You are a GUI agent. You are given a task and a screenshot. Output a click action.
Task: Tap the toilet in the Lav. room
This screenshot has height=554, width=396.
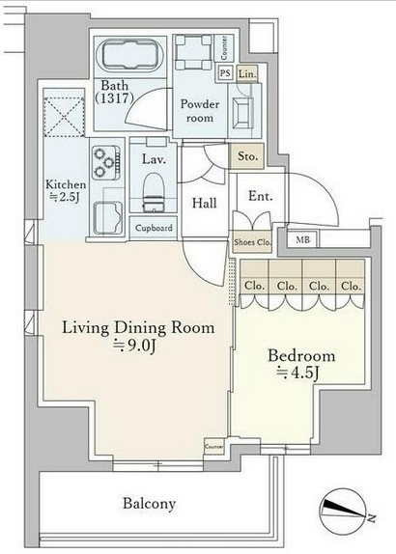pyautogui.click(x=154, y=193)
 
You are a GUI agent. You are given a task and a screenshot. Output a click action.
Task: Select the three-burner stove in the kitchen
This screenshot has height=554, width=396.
pyautogui.click(x=106, y=162)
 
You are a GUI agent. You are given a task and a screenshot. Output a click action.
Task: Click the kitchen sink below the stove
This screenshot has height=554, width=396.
pyautogui.click(x=108, y=218)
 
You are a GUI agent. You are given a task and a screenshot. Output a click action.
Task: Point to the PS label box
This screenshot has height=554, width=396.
pyautogui.click(x=225, y=73)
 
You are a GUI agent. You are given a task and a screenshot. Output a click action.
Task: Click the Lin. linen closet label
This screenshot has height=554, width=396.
pyautogui.click(x=247, y=74)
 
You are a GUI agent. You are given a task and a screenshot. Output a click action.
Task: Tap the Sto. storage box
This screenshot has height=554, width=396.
pyautogui.click(x=247, y=156)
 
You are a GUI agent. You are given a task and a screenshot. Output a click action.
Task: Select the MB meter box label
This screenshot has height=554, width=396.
pyautogui.click(x=302, y=240)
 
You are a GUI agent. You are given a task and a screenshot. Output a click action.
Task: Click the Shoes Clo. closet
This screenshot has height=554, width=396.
pyautogui.click(x=252, y=242)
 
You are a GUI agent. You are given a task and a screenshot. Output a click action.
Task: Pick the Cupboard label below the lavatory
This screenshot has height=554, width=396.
pyautogui.click(x=154, y=228)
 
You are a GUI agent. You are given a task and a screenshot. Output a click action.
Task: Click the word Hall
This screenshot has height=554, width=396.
pyautogui.click(x=205, y=203)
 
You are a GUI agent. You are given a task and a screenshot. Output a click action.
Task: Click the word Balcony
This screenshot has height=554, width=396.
pyautogui.click(x=149, y=503)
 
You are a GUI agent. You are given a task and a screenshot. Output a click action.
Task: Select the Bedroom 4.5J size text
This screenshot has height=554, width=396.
pyautogui.click(x=297, y=373)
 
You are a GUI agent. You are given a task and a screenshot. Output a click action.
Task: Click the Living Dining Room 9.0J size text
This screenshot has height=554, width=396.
pyautogui.click(x=134, y=346)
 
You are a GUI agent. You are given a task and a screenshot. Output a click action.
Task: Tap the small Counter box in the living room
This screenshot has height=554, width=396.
pyautogui.click(x=214, y=447)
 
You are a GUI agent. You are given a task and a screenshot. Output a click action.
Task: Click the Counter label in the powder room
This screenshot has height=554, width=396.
pyautogui.click(x=224, y=48)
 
